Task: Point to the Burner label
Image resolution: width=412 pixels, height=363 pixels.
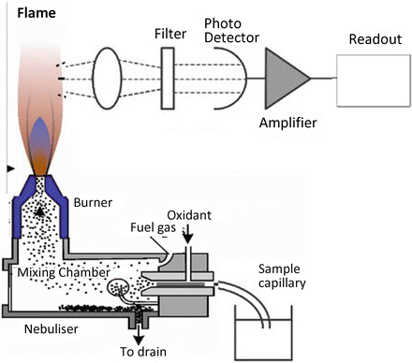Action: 95,200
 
